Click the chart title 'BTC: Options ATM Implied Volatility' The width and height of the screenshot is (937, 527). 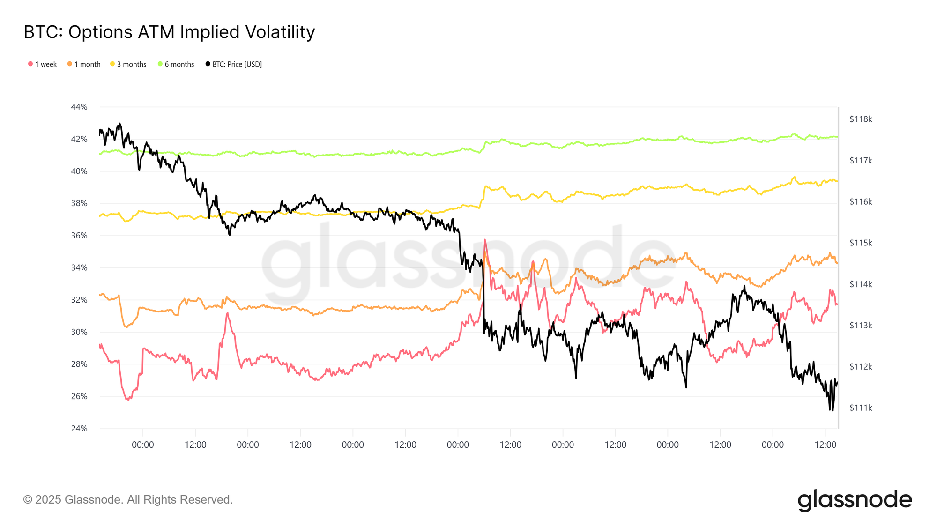point(169,32)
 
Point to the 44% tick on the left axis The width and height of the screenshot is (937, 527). point(79,107)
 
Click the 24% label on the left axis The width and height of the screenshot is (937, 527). point(79,428)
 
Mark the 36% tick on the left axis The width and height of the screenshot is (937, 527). point(79,236)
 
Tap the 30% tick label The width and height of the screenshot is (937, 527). point(79,332)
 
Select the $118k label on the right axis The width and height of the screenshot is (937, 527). point(861,119)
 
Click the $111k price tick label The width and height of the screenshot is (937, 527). point(861,408)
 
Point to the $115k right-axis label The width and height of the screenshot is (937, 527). point(861,243)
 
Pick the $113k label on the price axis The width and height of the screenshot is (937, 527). point(861,326)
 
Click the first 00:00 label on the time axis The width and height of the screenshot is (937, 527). point(142,445)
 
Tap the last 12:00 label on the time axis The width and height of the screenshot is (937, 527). point(825,445)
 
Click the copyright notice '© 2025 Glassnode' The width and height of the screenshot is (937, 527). point(128,500)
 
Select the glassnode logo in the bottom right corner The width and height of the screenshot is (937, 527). point(855,500)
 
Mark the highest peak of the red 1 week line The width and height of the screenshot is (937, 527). point(485,240)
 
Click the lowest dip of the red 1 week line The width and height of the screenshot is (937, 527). point(128,400)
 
